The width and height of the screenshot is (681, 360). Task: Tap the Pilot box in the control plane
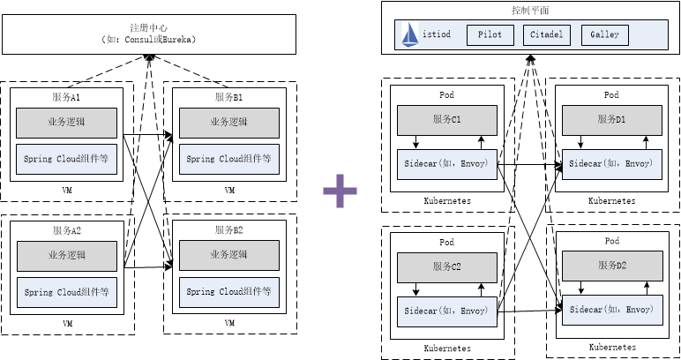[x=490, y=35]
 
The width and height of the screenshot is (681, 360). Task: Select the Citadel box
[x=547, y=35]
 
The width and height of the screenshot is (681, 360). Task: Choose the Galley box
[x=605, y=35]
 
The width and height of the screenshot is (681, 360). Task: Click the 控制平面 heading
[x=529, y=11]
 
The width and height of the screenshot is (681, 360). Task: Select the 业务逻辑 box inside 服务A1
[x=67, y=122]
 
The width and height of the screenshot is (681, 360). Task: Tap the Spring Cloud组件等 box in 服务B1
[x=229, y=159]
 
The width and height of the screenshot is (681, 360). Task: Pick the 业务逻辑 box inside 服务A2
[x=67, y=256]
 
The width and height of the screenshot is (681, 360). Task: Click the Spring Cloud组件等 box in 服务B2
[x=229, y=291]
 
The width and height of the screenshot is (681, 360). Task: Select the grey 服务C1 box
[x=446, y=119]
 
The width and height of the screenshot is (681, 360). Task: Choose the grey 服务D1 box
[x=611, y=119]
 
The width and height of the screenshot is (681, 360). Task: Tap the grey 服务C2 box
[x=446, y=266]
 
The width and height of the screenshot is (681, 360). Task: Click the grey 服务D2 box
[x=611, y=266]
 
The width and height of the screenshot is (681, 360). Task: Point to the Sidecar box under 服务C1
[x=446, y=163]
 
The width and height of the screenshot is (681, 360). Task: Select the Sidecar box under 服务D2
[x=611, y=310]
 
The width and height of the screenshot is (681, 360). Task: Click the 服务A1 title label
[x=67, y=95]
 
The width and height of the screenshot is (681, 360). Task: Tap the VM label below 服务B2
[x=229, y=324]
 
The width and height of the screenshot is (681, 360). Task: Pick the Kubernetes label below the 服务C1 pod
[x=446, y=201]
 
